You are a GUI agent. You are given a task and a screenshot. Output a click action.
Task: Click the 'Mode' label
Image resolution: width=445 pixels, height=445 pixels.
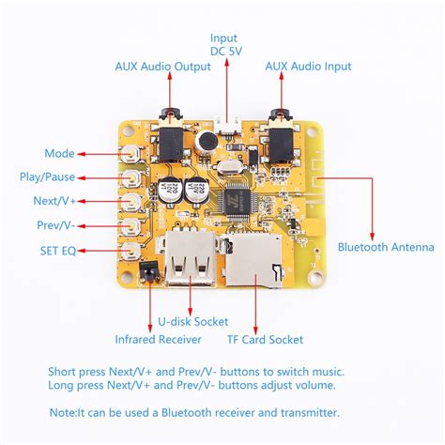[59, 153]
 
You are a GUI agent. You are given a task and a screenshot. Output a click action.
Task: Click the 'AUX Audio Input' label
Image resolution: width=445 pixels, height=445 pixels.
[308, 67]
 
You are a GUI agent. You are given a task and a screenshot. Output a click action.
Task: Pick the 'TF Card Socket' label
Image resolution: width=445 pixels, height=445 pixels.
[265, 339]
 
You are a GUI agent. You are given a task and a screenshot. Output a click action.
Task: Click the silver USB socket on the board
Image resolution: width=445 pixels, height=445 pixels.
[187, 262]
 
